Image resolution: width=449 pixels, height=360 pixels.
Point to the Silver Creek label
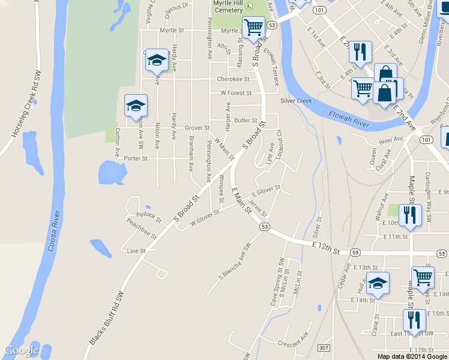(x=296, y=101)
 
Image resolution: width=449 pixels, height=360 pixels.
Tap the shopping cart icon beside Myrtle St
(x=253, y=27)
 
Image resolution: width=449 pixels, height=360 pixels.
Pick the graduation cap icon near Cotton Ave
(x=136, y=106)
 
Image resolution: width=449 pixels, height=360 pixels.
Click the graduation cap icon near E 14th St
(x=378, y=283)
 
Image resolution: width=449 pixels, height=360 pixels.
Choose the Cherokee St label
(x=233, y=79)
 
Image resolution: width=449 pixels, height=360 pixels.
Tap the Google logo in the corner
(x=22, y=350)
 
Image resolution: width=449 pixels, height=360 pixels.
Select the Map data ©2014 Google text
(x=412, y=356)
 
